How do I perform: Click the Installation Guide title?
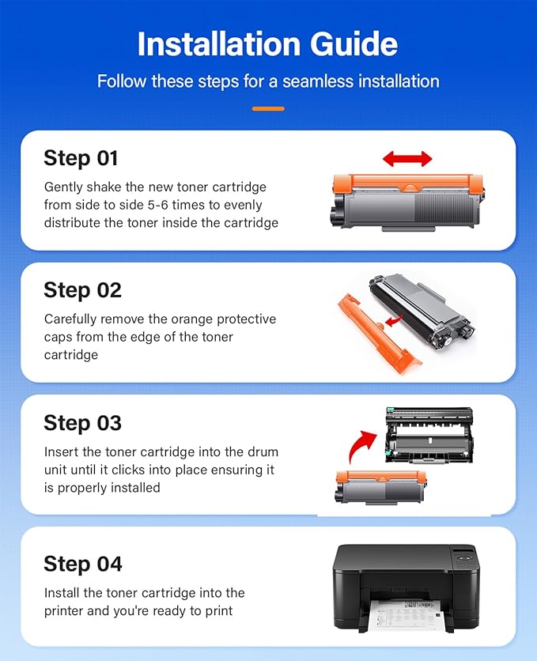click(x=268, y=44)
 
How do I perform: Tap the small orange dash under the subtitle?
click(x=268, y=108)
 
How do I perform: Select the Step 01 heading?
click(x=81, y=158)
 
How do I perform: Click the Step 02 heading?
click(x=82, y=290)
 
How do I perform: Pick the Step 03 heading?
click(x=82, y=423)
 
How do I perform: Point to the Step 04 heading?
click(x=83, y=564)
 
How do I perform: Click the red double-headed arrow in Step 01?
click(x=407, y=159)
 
